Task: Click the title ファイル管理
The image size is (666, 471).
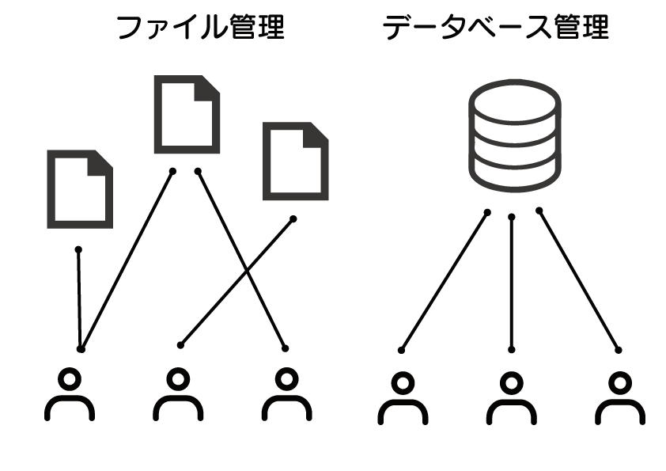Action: (200, 28)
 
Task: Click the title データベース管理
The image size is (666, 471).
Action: (497, 28)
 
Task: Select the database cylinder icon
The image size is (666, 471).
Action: (514, 135)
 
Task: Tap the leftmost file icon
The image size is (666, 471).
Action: (80, 188)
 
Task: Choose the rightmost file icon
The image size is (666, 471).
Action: (294, 160)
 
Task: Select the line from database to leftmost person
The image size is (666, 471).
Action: (445, 280)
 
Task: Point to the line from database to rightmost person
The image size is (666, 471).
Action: (579, 280)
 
